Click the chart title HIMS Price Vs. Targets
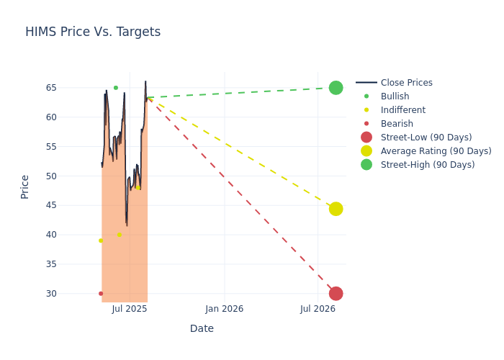pyautogui.click(x=93, y=32)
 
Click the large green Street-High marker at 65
pyautogui.click(x=336, y=88)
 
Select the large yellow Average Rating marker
pyautogui.click(x=336, y=209)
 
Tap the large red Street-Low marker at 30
pyautogui.click(x=336, y=294)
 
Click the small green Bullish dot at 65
pyautogui.click(x=115, y=88)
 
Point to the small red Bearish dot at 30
pyautogui.click(x=101, y=294)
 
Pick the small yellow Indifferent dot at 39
pyautogui.click(x=101, y=240)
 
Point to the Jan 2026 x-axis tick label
pyautogui.click(x=224, y=309)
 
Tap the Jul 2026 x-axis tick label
pyautogui.click(x=318, y=309)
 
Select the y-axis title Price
pyautogui.click(x=25, y=186)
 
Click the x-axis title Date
pyautogui.click(x=202, y=329)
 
